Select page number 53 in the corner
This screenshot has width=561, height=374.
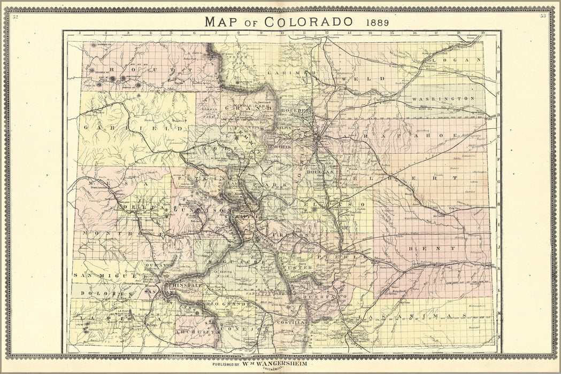(543, 16)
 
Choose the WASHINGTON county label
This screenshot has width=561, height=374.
(443, 99)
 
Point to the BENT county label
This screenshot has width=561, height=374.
(431, 248)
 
